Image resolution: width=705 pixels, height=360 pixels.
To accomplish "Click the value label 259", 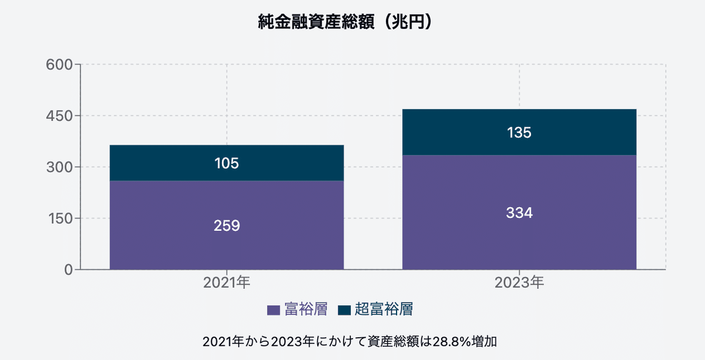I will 227,226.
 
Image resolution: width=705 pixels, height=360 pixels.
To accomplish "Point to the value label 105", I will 227,163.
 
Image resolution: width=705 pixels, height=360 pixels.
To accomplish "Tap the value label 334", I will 519,213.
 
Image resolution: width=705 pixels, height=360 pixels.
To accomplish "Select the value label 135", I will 519,133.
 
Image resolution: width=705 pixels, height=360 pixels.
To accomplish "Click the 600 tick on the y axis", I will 59,65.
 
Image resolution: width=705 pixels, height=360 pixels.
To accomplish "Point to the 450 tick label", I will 59,116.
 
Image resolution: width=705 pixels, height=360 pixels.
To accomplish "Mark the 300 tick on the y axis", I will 59,167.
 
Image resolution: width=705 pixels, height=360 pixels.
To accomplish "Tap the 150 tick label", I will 59,218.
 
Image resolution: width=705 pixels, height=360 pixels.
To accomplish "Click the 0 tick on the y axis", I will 68,270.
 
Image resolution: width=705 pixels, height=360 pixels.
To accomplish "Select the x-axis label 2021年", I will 227,283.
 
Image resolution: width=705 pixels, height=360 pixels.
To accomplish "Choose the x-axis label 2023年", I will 519,283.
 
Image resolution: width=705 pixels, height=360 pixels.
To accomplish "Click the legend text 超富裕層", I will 384,309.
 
